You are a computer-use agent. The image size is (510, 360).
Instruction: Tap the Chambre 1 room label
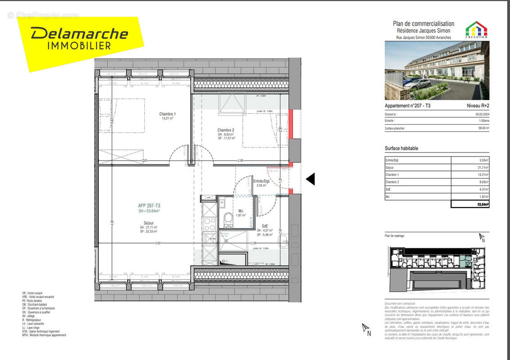tap(167, 114)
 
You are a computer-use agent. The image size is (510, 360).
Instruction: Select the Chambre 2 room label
tap(226, 130)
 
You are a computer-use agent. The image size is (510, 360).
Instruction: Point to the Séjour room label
tap(148, 223)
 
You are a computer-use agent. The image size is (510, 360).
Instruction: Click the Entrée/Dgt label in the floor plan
tap(261, 181)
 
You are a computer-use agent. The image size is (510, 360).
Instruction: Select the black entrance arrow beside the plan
tap(310, 179)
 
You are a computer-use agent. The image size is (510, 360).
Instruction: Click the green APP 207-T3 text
tap(149, 206)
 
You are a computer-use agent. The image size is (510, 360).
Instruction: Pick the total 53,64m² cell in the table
tap(470, 204)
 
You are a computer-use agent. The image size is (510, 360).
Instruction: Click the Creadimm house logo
tap(476, 29)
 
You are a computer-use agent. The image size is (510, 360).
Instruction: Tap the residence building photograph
tap(437, 70)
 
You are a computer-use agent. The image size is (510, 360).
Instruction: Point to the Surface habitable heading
tap(401, 148)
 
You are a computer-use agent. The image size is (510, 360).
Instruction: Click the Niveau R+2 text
tap(478, 106)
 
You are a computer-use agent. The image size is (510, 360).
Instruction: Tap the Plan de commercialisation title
tap(423, 24)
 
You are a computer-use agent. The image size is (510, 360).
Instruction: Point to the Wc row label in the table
tap(387, 197)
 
